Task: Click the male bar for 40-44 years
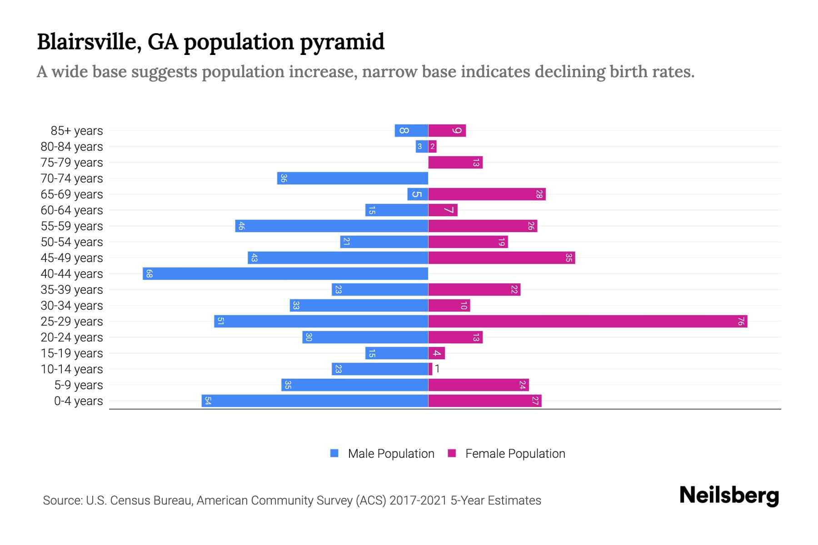285,273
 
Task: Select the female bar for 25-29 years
587,321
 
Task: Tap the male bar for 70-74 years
353,178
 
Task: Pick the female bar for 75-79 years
455,162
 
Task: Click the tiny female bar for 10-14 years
430,369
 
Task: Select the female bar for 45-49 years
501,258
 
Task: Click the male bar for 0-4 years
315,401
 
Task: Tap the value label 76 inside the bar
740,321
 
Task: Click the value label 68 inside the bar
149,273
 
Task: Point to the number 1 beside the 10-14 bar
437,369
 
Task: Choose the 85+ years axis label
76,131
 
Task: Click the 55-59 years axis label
72,226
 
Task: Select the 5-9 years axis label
78,385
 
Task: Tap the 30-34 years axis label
72,306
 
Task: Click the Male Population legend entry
391,453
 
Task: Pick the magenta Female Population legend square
452,453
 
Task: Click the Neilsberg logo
729,495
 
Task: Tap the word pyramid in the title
342,42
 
